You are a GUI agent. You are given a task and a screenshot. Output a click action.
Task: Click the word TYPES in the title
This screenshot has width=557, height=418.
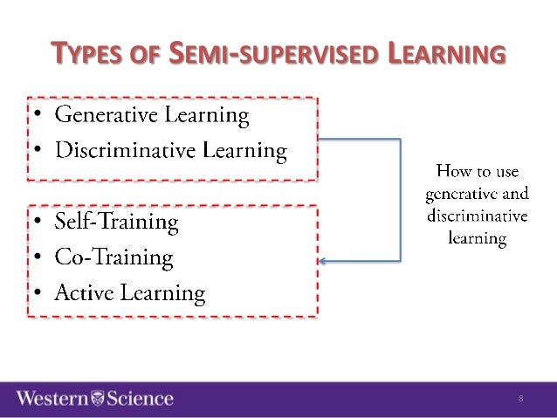(86, 54)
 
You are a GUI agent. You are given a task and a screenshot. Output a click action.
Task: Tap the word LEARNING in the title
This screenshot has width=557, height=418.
(447, 54)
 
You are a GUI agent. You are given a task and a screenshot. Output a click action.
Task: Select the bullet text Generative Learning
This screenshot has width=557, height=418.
(152, 114)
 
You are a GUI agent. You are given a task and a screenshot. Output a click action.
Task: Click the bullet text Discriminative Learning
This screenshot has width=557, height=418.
(171, 151)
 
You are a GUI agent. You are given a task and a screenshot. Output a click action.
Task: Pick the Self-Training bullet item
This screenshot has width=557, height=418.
(116, 223)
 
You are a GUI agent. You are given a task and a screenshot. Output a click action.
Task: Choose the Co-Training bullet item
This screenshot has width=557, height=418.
(113, 257)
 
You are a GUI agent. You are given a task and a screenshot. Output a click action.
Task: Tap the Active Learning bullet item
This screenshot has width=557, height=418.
(130, 293)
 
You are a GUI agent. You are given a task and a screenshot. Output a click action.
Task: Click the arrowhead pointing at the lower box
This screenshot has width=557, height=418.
(324, 260)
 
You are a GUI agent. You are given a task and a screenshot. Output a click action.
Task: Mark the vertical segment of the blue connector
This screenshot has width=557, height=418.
(400, 199)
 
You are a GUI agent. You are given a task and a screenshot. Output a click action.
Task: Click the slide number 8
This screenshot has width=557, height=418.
(520, 399)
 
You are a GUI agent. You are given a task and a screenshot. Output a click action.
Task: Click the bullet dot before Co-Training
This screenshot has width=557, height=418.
(39, 259)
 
